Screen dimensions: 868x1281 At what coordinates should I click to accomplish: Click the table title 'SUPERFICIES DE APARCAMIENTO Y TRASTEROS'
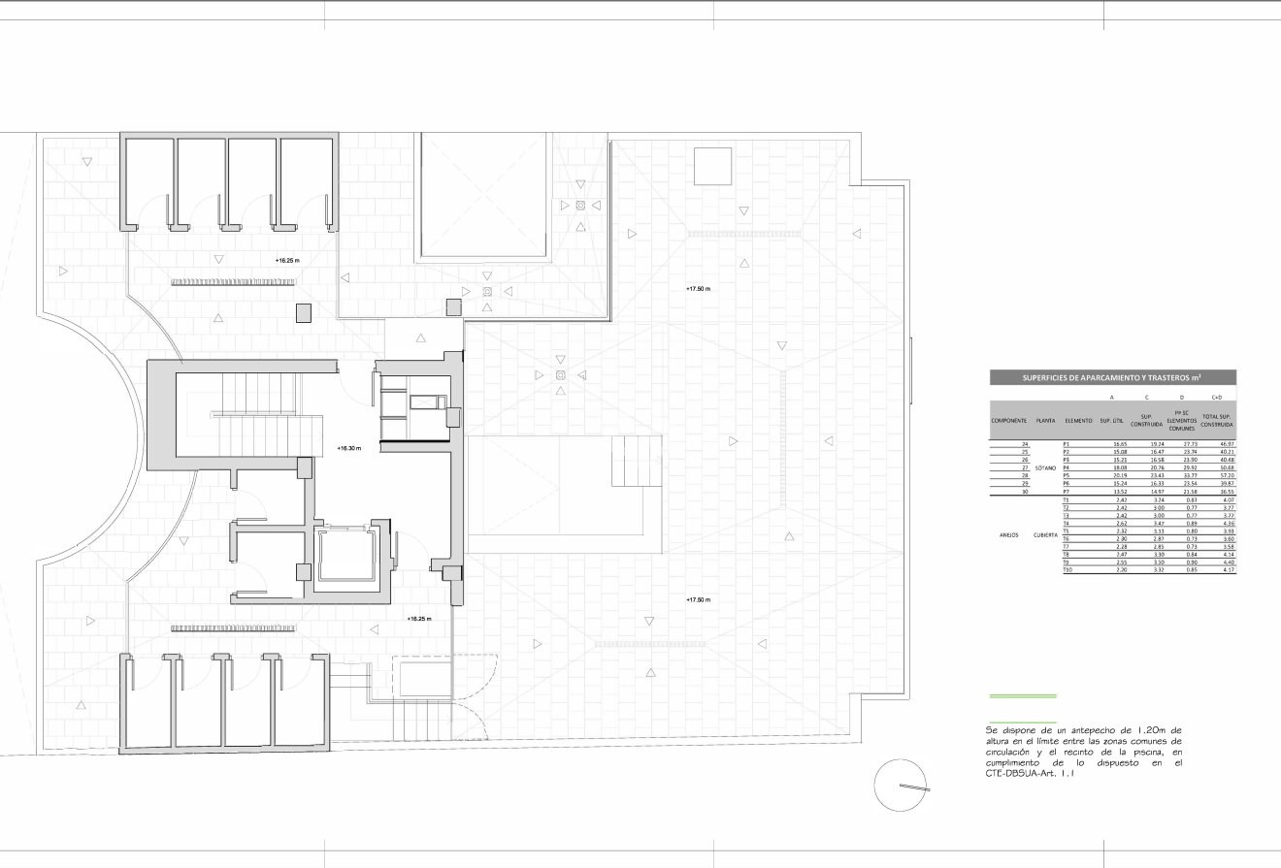pos(1112,377)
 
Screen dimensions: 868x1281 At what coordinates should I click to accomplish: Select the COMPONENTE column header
pos(1008,421)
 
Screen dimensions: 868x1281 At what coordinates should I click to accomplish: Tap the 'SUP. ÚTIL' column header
pos(1112,421)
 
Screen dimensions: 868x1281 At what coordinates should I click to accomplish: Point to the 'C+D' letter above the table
pos(1216,398)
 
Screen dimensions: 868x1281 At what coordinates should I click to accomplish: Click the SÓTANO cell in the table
pos(1045,467)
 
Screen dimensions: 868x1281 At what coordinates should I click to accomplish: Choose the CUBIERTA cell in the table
pos(1045,534)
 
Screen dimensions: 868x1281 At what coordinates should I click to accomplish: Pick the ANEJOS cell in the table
pos(1008,534)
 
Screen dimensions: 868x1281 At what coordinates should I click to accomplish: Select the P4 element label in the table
pos(1066,467)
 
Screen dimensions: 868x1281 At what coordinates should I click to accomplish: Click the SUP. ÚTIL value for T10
pos(1121,569)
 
